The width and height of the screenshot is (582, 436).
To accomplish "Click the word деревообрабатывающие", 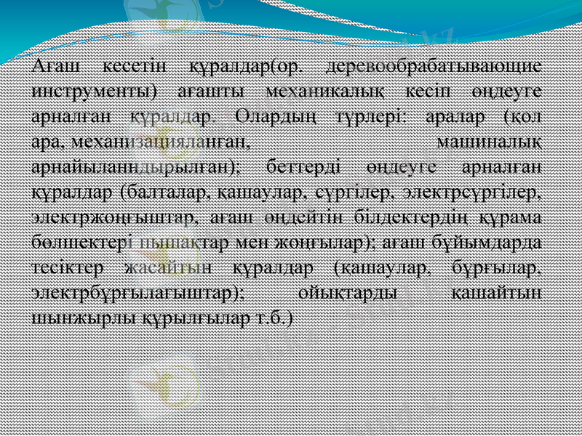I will pyautogui.click(x=434, y=67).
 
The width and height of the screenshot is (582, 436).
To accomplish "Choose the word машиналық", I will pyautogui.click(x=492, y=141).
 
